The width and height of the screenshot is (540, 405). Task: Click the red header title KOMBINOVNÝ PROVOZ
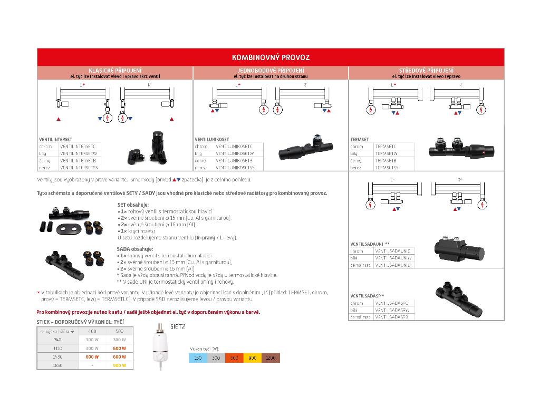pos(271,57)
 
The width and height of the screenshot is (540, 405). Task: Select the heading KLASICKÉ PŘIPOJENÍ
pos(115,70)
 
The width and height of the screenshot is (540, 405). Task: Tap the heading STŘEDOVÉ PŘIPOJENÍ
pos(427,70)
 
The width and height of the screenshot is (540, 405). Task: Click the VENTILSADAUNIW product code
pos(393,258)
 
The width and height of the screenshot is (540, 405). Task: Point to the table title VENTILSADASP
pos(367,296)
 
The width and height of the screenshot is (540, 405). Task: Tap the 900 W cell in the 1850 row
pos(120,365)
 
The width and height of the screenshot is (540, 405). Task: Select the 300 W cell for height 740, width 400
pos(92,340)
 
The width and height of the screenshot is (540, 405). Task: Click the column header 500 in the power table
pos(120,331)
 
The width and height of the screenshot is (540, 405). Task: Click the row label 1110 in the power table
pos(57,348)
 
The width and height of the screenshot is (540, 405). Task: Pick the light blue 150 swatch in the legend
pos(198,359)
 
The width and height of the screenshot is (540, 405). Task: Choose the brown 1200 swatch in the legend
pos(271,359)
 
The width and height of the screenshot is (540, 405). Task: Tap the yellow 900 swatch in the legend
pos(253,359)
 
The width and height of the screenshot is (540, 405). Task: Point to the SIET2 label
pos(178,326)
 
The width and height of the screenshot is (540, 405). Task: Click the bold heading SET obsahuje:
pos(132,204)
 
